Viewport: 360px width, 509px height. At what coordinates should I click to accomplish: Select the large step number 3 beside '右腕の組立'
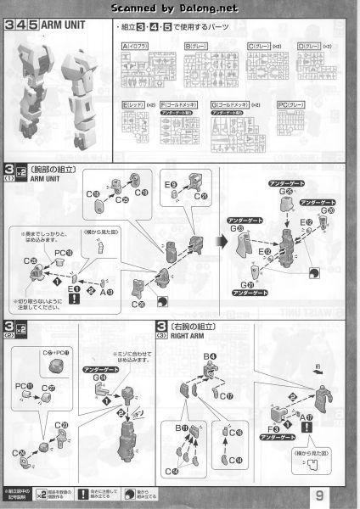point(160,327)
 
